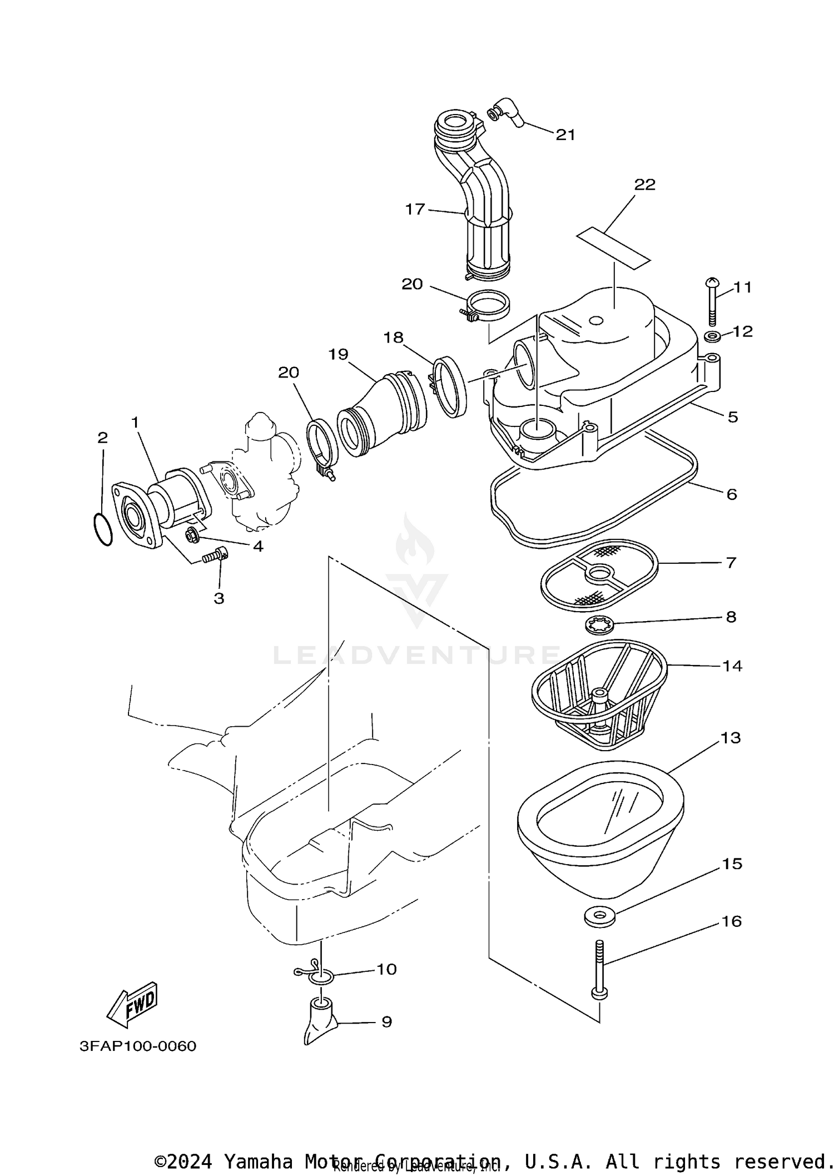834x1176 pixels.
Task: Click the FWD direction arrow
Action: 132,1005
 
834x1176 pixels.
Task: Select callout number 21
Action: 565,135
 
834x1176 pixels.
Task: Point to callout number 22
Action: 645,185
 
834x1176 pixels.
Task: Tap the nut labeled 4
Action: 193,537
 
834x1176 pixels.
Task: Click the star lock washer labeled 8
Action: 599,627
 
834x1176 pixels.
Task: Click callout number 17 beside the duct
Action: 415,209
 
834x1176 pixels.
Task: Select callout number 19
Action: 338,354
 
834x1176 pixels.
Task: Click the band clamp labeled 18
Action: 449,387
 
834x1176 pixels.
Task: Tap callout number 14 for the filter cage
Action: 732,666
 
